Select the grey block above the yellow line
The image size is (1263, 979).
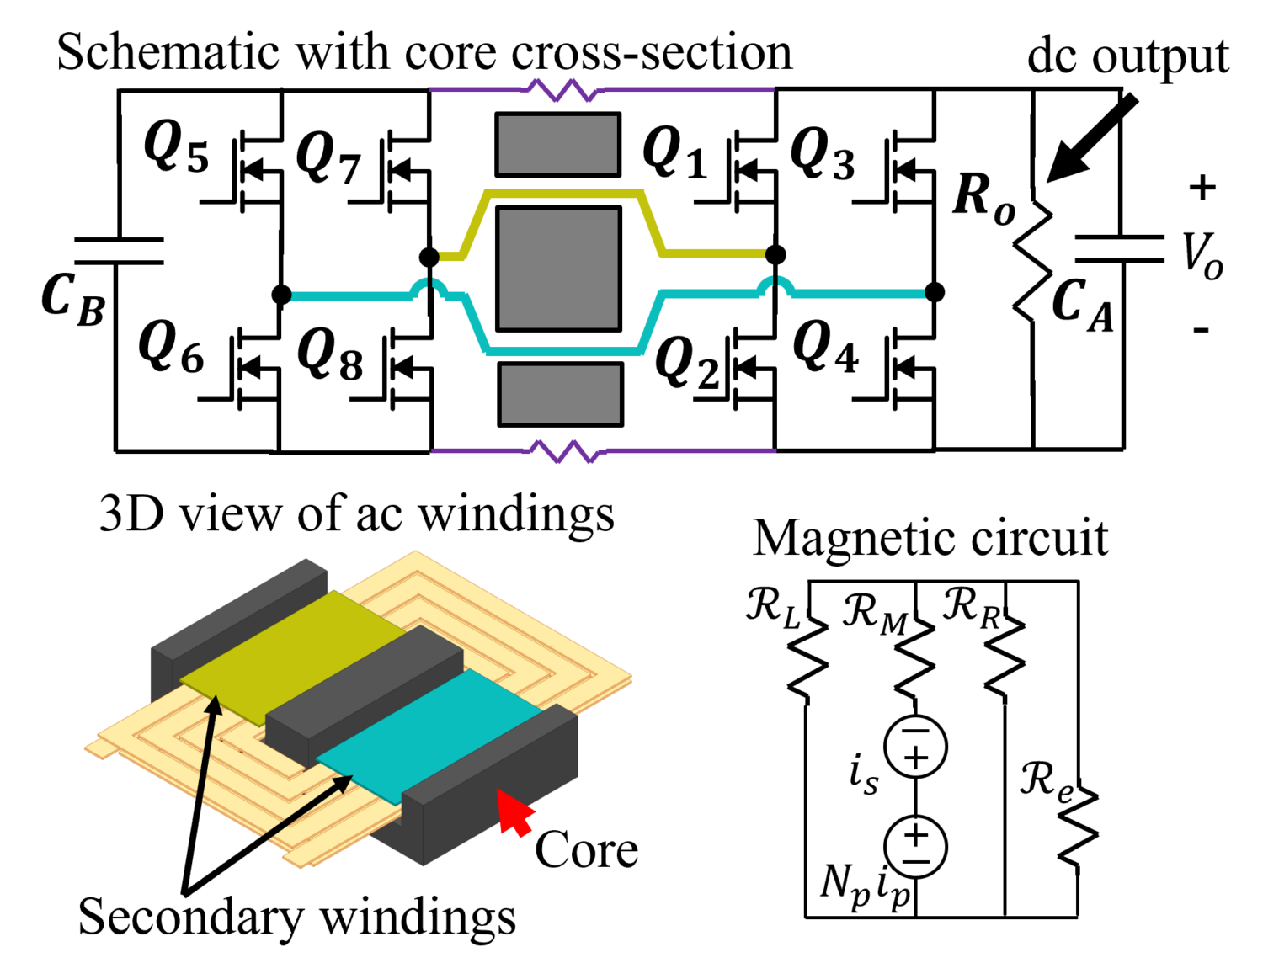(557, 144)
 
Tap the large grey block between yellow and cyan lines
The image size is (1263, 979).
(558, 269)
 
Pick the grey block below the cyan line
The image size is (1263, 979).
(560, 394)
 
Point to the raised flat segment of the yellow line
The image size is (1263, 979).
(562, 195)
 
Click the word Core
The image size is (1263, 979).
(586, 849)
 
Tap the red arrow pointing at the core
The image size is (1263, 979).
(514, 811)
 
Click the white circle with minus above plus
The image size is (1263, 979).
(915, 747)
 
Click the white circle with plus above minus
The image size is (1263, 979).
(915, 847)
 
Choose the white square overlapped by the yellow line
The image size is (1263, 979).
(665, 200)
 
